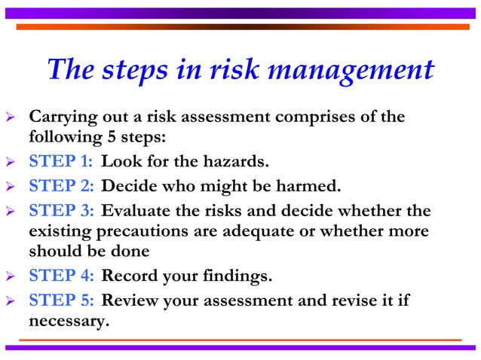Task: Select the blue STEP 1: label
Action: [61, 162]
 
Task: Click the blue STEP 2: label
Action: [61, 185]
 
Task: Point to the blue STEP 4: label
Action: [61, 277]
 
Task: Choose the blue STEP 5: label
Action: [61, 301]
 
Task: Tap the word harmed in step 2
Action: [305, 185]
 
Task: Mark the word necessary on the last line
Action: [68, 321]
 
